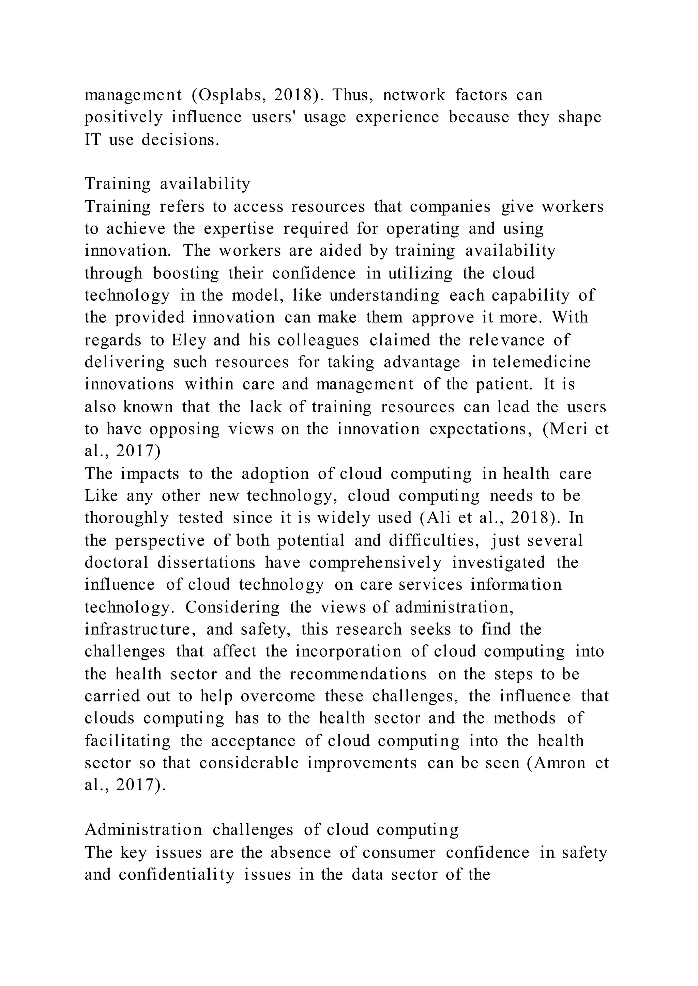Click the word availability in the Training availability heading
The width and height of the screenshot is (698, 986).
coord(205,184)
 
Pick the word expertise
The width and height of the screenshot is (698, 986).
coord(239,228)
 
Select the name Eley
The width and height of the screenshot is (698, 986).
coord(188,340)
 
